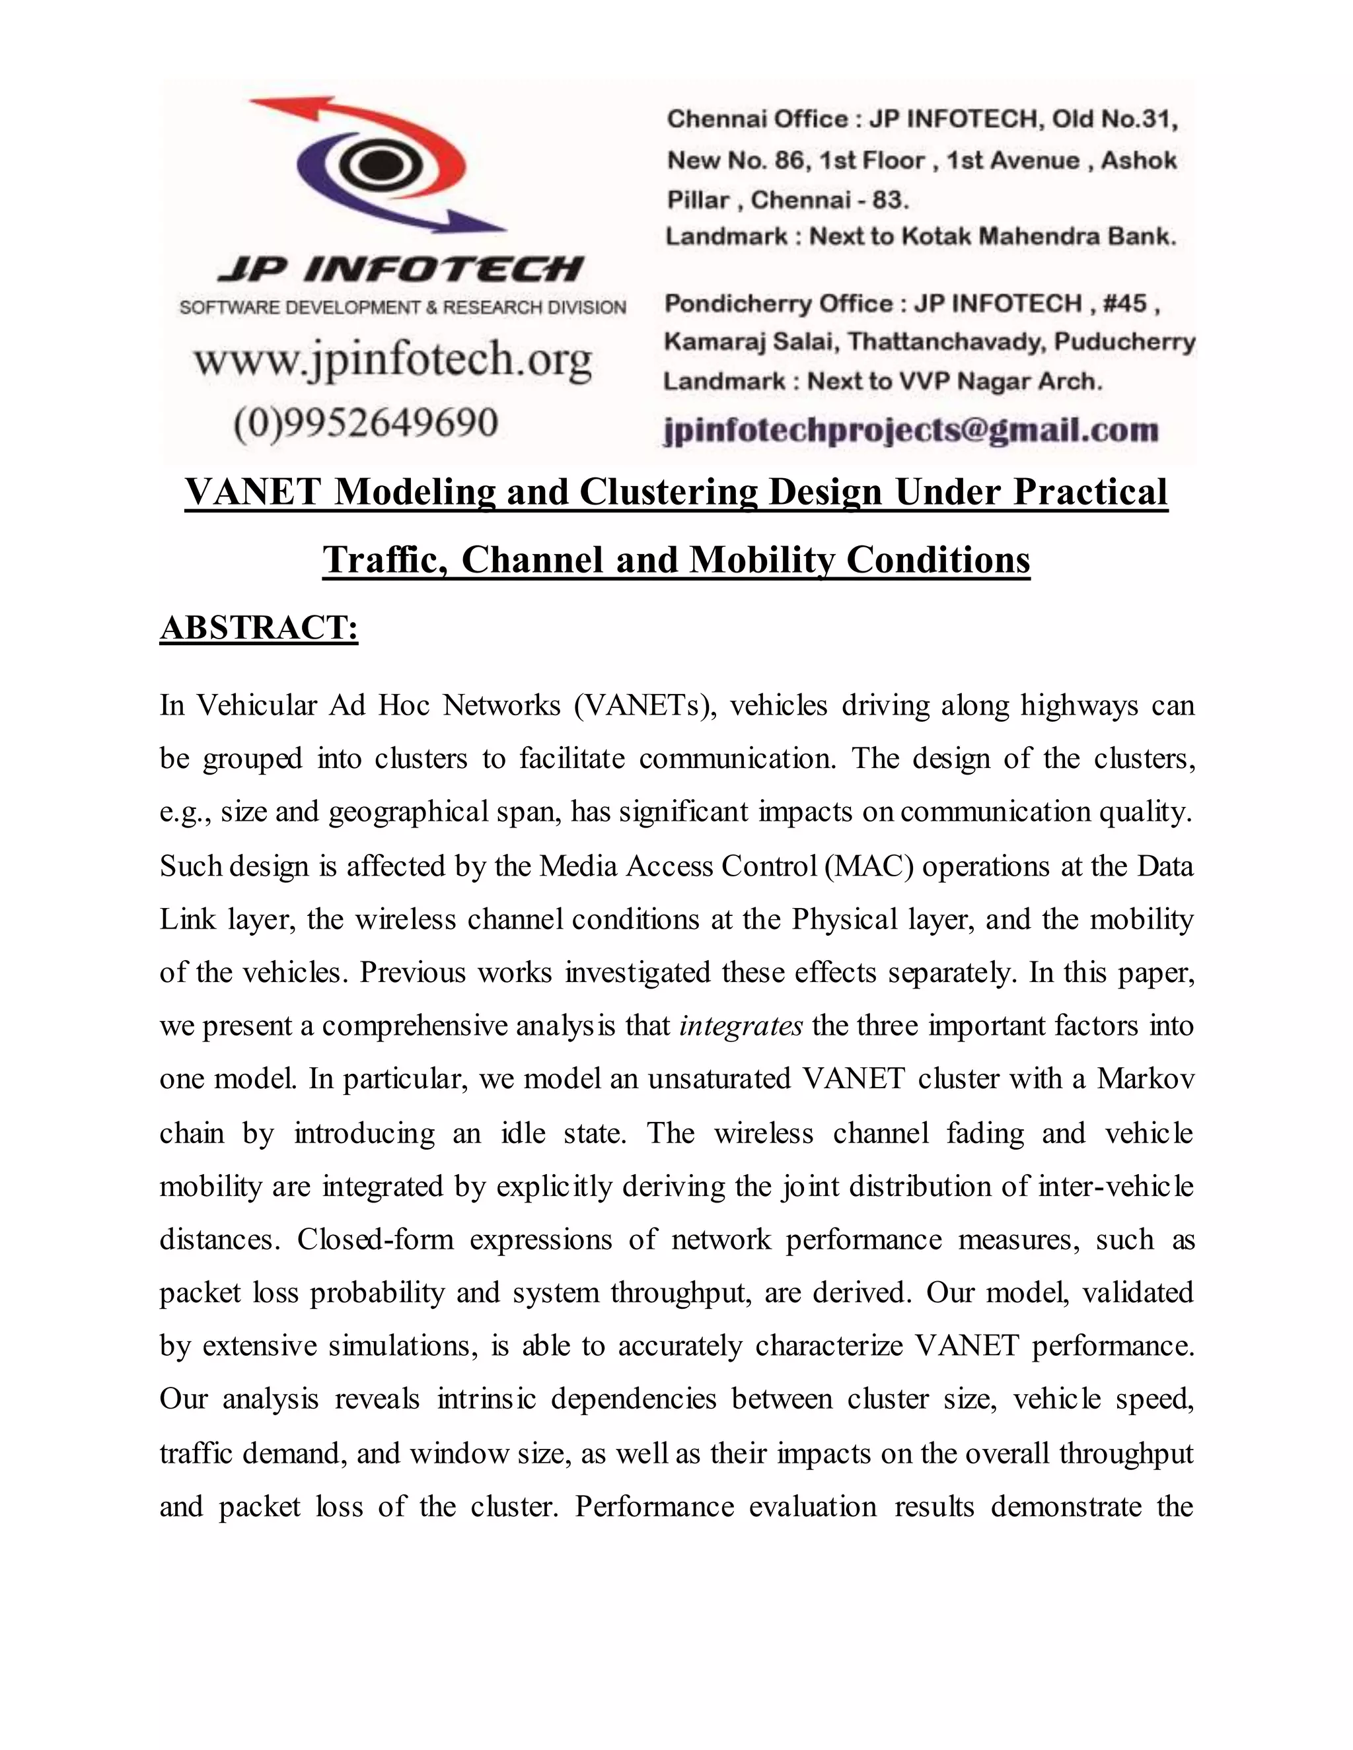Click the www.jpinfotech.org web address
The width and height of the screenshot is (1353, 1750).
[x=393, y=360]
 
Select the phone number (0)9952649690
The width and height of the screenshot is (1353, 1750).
[x=365, y=422]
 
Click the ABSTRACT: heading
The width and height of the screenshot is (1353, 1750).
[x=258, y=627]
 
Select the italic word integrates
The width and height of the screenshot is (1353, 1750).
[x=741, y=1026]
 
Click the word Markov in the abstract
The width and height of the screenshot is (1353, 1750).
[x=1146, y=1079]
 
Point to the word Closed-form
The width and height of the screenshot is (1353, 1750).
[x=375, y=1240]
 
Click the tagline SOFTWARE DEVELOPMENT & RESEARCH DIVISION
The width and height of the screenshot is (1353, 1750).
[x=402, y=308]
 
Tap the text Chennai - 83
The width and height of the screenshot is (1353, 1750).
[x=830, y=199]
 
